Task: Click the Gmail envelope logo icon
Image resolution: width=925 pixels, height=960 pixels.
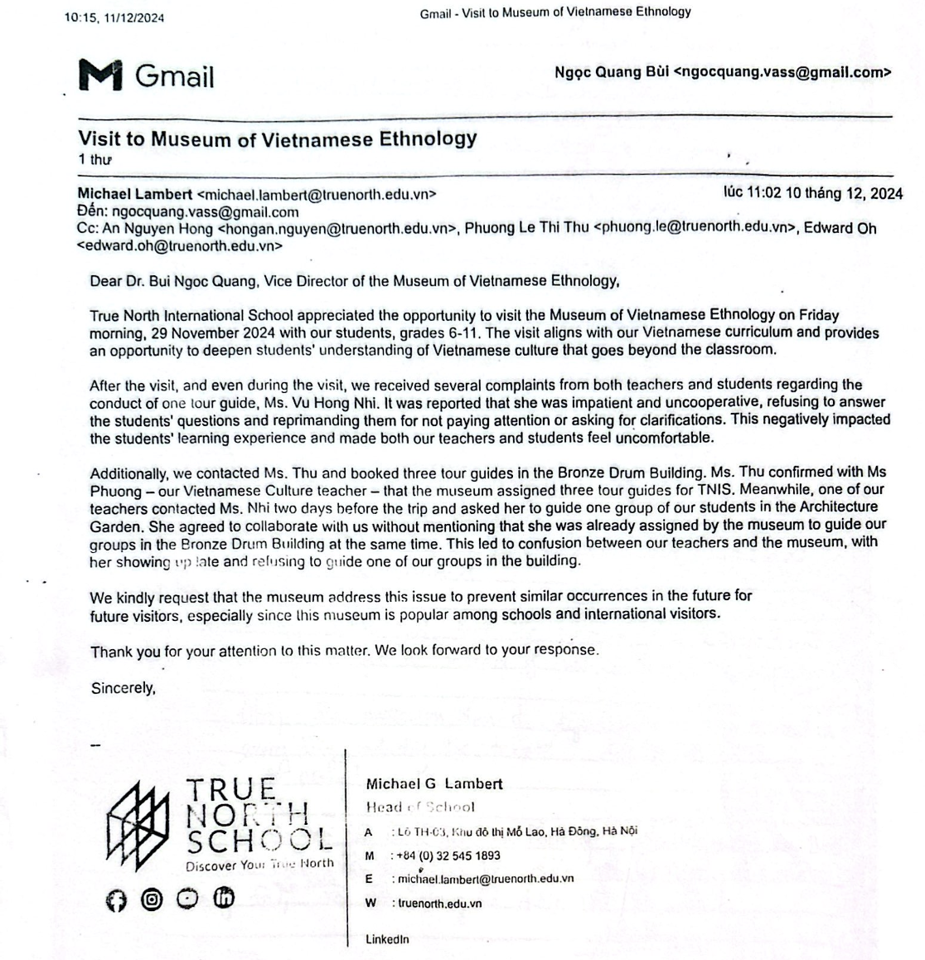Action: pos(100,75)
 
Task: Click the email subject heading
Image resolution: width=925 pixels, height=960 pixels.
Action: pos(277,138)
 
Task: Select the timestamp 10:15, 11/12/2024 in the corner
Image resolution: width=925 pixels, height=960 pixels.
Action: pos(114,17)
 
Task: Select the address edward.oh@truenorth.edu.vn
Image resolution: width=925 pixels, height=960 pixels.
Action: pos(179,246)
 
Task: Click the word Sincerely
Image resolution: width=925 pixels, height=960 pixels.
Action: pos(123,688)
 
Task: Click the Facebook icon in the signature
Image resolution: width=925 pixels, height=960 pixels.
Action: pos(117,900)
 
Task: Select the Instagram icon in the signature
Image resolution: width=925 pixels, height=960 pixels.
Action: pos(152,899)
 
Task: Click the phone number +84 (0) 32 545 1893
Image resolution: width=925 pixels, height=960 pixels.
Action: pos(448,856)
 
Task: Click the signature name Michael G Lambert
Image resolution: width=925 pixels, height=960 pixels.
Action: pos(433,783)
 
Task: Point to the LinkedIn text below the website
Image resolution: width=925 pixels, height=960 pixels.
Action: pos(387,939)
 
